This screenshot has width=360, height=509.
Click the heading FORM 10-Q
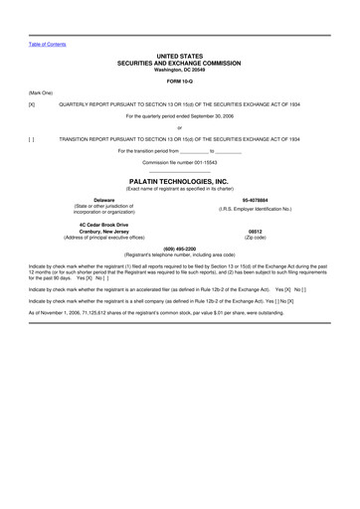pyautogui.click(x=179, y=81)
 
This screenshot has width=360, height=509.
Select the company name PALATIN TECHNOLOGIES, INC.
pyautogui.click(x=179, y=181)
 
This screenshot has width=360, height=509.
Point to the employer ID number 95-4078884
pyautogui.click(x=256, y=200)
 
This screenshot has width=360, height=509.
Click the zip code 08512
pyautogui.click(x=256, y=231)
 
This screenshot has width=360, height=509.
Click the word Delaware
pyautogui.click(x=103, y=200)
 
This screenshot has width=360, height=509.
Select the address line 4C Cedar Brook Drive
pyautogui.click(x=103, y=224)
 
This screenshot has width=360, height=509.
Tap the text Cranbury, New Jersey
pyautogui.click(x=103, y=231)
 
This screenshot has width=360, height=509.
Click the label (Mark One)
pyautogui.click(x=41, y=91)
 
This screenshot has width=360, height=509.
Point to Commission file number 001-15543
pyautogui.click(x=179, y=162)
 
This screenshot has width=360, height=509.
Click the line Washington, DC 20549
pyautogui.click(x=179, y=70)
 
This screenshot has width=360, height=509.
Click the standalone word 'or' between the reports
pyautogui.click(x=179, y=127)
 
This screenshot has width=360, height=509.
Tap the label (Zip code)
pyautogui.click(x=256, y=238)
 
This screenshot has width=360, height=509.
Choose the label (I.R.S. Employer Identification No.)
pyautogui.click(x=256, y=209)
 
